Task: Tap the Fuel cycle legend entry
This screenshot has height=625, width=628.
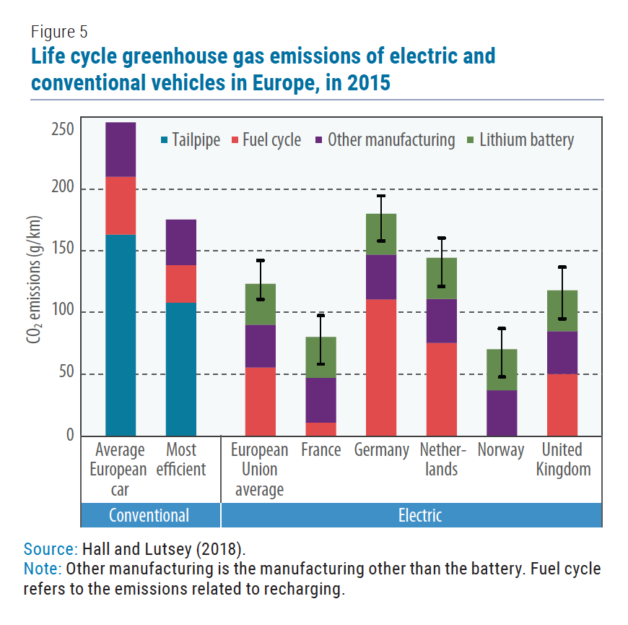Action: (x=265, y=140)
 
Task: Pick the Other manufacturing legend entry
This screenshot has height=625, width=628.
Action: (x=383, y=140)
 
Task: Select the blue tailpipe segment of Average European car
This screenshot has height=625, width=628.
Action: (x=121, y=335)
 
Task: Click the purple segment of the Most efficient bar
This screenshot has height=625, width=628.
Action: (x=181, y=242)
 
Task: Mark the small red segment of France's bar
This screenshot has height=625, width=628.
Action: (x=320, y=428)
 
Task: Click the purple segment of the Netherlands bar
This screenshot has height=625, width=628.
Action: (x=441, y=320)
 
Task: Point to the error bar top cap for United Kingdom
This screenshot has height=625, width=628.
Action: (x=562, y=267)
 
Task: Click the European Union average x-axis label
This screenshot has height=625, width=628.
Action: (x=259, y=469)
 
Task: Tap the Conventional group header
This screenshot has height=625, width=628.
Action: (x=149, y=515)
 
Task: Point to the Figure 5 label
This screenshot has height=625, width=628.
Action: (x=59, y=31)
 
